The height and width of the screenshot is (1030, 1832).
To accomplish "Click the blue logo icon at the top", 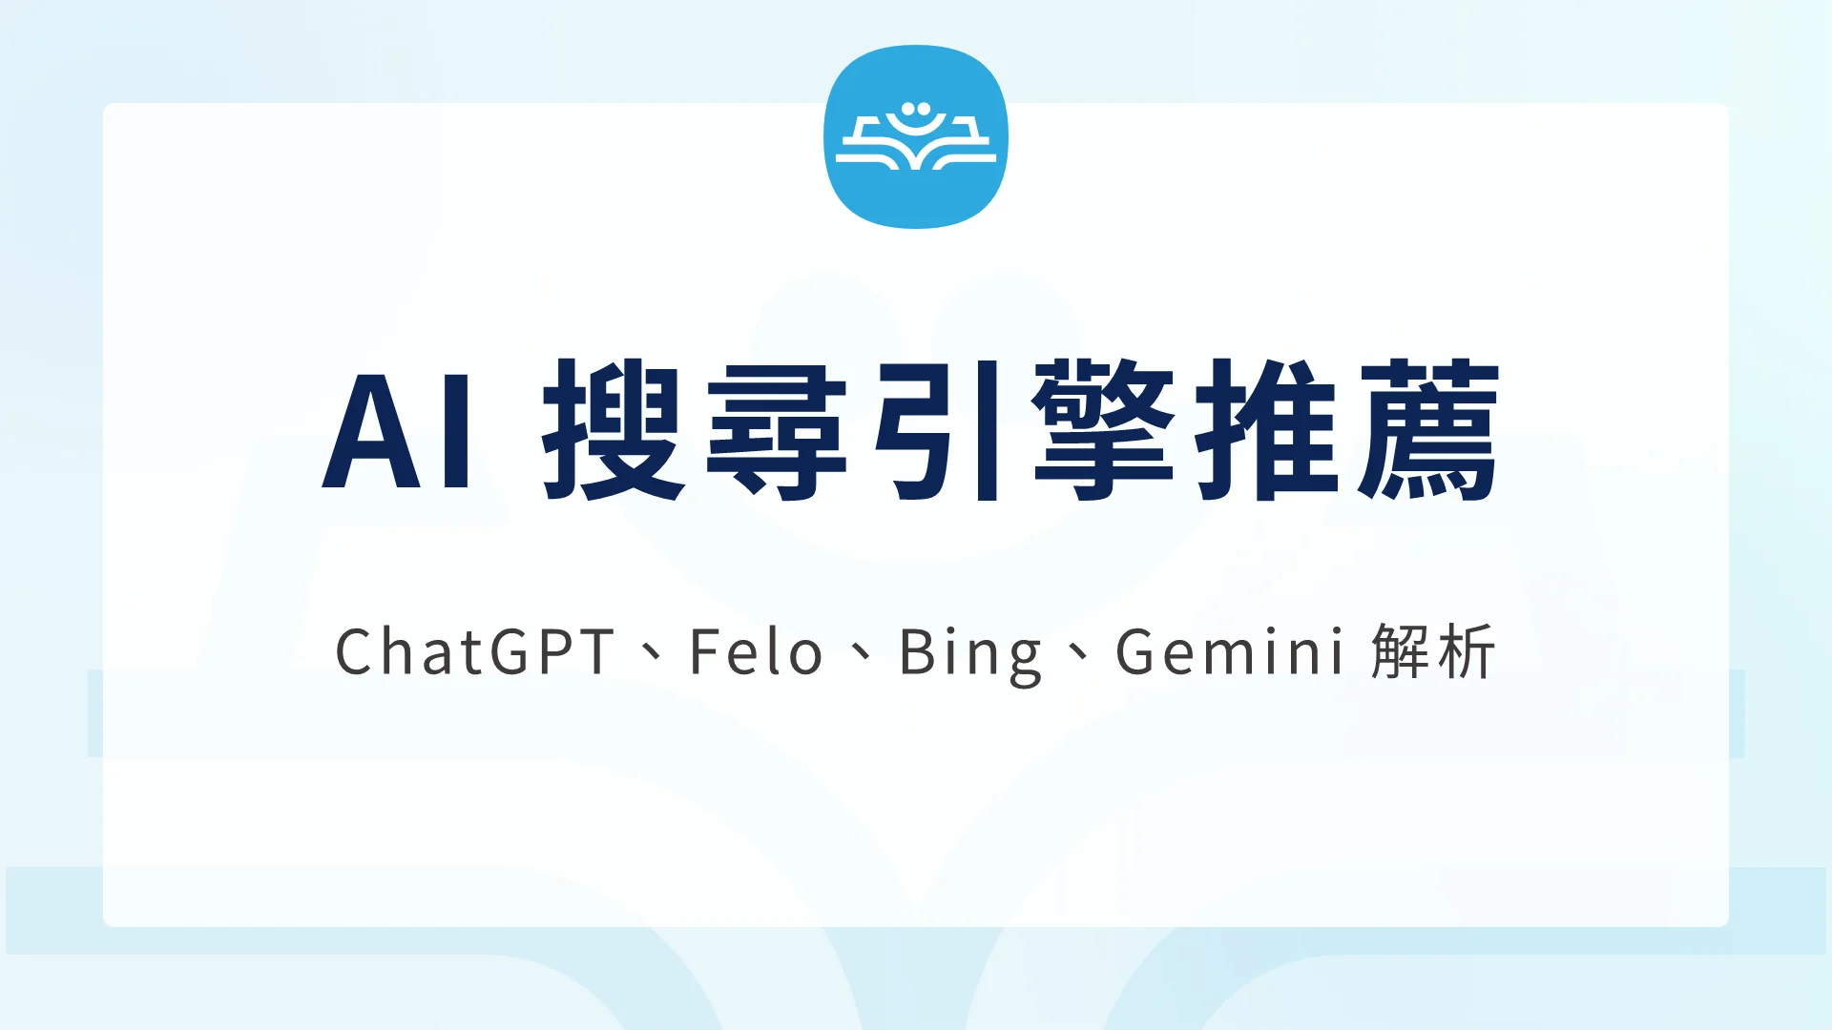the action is [916, 136].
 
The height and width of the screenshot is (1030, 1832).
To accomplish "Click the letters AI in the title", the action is [398, 430].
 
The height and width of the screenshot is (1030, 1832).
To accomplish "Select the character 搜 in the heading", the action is [614, 430].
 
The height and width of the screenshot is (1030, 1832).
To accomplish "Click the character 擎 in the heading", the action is [1104, 430].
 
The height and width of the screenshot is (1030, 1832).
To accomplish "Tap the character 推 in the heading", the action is [1267, 430].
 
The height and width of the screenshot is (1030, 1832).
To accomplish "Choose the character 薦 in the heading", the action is [1429, 430].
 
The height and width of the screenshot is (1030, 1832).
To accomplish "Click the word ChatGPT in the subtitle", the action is [475, 652].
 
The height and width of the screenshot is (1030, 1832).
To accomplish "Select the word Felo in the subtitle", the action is [756, 652].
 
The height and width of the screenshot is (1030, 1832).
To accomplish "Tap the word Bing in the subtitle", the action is [970, 654].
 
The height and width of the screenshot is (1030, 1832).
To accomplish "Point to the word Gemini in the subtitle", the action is [1230, 652].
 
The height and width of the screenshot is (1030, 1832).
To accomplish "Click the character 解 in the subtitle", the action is [1401, 652].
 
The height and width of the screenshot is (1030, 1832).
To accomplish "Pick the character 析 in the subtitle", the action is [1466, 652].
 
